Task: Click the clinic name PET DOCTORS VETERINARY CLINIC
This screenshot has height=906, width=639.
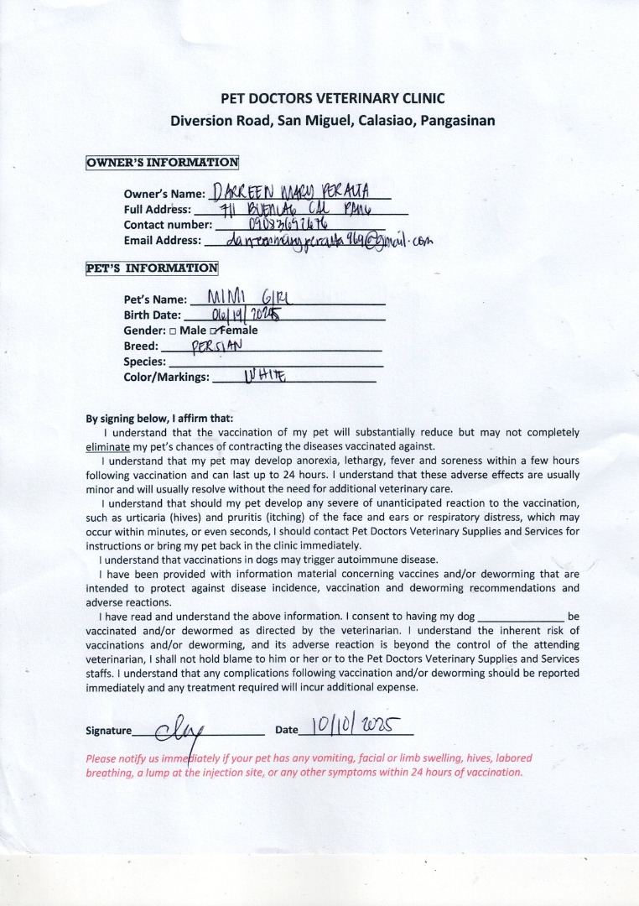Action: pyautogui.click(x=332, y=98)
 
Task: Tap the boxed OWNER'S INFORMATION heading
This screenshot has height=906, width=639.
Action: pyautogui.click(x=162, y=163)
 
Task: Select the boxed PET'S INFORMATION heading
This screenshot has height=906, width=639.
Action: pyautogui.click(x=152, y=268)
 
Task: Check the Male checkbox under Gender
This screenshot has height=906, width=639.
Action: pyautogui.click(x=172, y=331)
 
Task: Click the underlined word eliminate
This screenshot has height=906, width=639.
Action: pyautogui.click(x=108, y=446)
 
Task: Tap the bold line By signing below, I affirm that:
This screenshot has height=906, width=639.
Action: pyautogui.click(x=159, y=419)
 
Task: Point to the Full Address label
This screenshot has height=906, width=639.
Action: pyautogui.click(x=157, y=210)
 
